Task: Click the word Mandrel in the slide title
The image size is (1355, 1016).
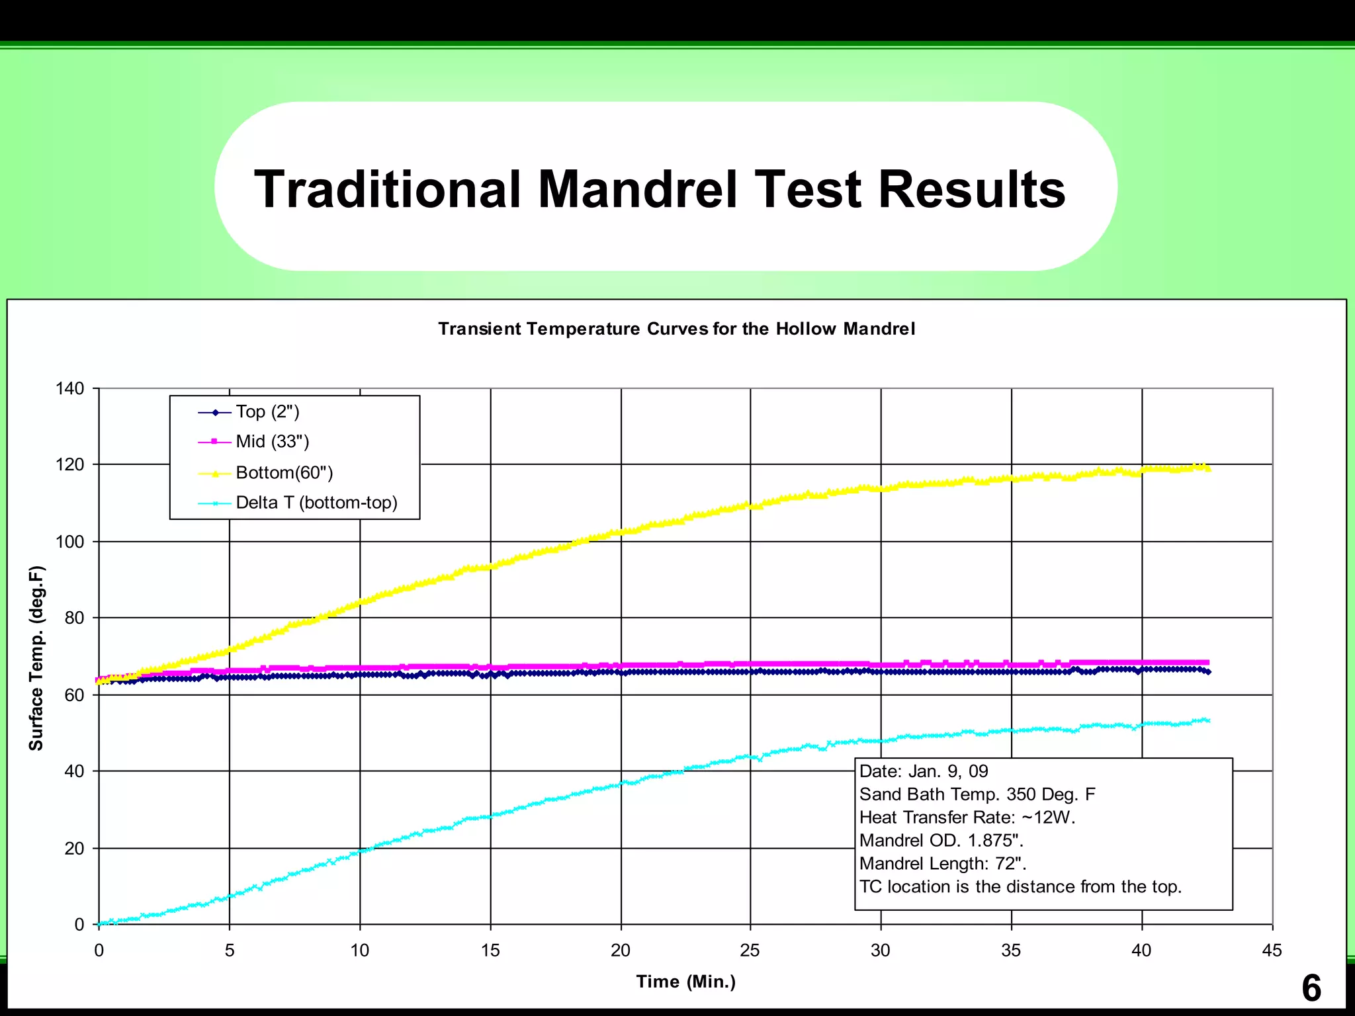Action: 637,189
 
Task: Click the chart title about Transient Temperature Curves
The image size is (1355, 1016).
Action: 676,329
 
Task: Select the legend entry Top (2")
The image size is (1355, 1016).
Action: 267,412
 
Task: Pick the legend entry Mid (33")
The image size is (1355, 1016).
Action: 272,441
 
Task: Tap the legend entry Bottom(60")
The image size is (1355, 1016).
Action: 284,472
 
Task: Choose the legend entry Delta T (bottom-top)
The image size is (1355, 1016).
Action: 316,503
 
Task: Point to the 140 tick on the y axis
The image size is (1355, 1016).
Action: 70,388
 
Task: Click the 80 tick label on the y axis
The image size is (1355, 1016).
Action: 74,618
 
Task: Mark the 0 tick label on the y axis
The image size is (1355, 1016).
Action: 79,924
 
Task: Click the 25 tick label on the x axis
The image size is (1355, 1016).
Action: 750,951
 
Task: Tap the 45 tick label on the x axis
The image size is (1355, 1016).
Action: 1272,951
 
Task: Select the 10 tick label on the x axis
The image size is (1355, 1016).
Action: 359,951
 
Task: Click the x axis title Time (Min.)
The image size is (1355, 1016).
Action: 685,982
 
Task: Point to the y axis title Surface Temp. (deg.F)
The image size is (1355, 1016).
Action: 36,658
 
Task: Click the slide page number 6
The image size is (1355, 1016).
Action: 1311,988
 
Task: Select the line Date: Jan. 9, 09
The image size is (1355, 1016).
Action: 923,771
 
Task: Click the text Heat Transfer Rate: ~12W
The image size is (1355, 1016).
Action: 967,818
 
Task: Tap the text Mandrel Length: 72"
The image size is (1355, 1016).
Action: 942,864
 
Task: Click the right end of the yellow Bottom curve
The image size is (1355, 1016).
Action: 1208,469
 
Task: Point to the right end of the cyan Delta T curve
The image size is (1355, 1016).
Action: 1208,720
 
